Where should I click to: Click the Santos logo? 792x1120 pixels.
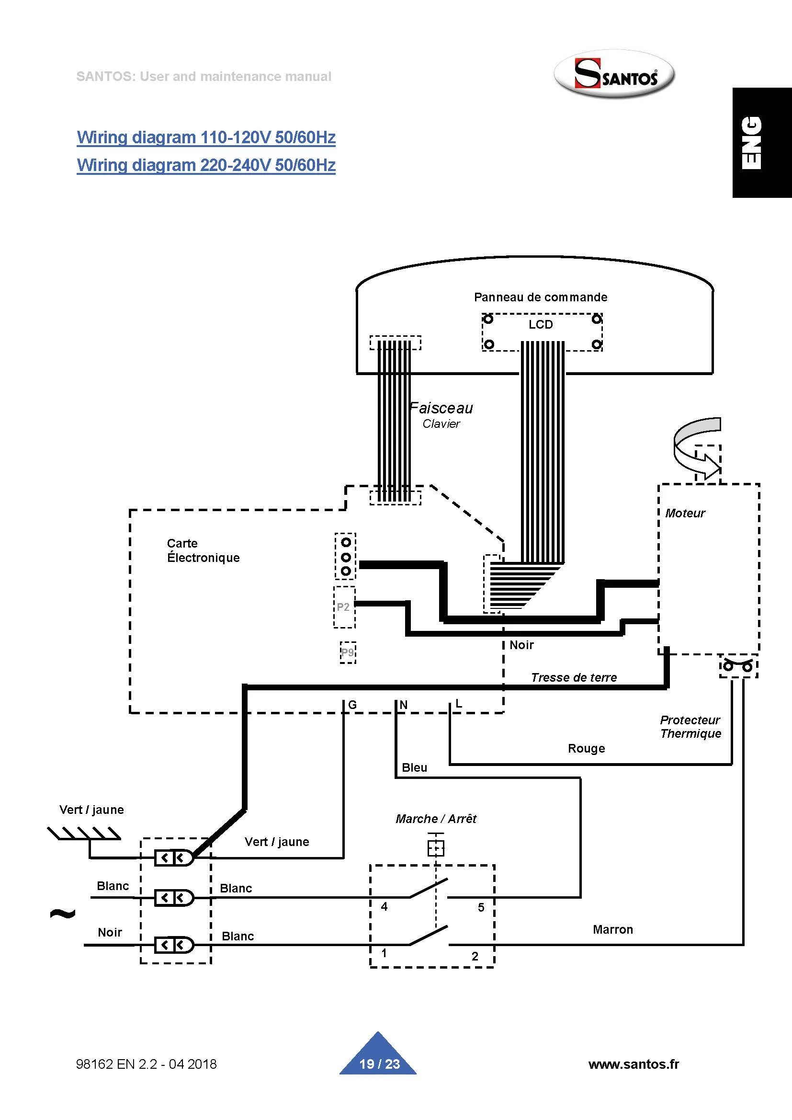point(614,75)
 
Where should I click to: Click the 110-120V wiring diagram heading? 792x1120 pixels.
point(206,137)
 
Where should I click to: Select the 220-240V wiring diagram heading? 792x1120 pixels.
point(206,165)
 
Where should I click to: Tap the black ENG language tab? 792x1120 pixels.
point(761,142)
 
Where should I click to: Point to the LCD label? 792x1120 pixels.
point(540,325)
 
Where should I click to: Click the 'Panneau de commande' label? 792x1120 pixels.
point(540,297)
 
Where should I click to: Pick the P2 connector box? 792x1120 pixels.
point(344,607)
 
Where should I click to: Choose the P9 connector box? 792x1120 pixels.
point(348,652)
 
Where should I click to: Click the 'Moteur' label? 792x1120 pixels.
point(685,513)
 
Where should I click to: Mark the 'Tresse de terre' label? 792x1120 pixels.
point(574,677)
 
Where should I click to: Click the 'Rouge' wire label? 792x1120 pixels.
point(586,748)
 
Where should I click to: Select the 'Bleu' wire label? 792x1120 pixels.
point(414,767)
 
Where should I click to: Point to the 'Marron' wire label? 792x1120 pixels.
point(612,929)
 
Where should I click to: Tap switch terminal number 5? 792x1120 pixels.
point(481,907)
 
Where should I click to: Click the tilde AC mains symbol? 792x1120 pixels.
point(62,913)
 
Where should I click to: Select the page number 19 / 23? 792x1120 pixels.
point(379,1064)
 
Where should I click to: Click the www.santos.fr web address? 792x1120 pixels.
point(634,1064)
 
